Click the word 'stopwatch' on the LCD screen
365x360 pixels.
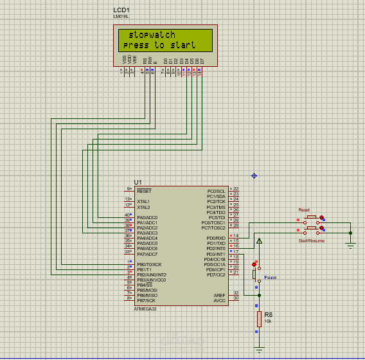click(x=152, y=35)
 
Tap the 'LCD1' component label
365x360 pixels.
click(x=121, y=11)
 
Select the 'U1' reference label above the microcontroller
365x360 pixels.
click(x=138, y=183)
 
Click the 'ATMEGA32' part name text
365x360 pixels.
click(x=145, y=309)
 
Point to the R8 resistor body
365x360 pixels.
click(x=260, y=319)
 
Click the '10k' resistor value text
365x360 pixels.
click(x=267, y=320)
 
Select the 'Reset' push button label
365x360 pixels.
click(x=304, y=210)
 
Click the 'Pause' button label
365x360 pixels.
click(x=270, y=278)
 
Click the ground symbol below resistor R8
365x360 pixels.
click(x=260, y=350)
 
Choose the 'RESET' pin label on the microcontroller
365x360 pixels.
click(x=144, y=191)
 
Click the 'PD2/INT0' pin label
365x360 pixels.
click(x=216, y=249)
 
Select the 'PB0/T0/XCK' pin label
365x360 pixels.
click(x=148, y=264)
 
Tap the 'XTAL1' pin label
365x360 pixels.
click(x=143, y=201)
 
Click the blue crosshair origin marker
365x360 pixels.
click(x=254, y=175)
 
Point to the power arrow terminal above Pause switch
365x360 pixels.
click(x=260, y=241)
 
